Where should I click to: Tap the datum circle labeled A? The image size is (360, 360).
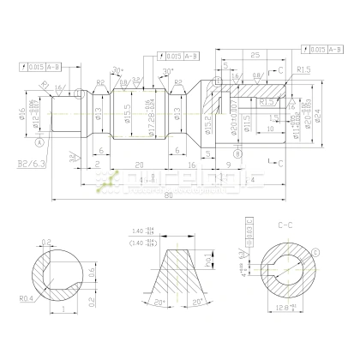tap(39, 146)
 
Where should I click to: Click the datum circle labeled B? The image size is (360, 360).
tap(237, 153)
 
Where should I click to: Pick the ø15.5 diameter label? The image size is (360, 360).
tap(127, 111)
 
